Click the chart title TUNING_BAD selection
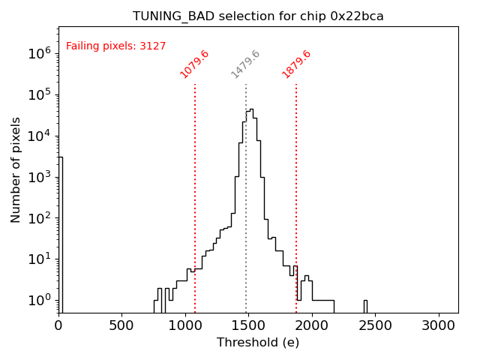click(258, 16)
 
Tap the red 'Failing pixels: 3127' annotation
click(115, 46)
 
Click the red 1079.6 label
click(194, 64)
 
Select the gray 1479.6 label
click(245, 64)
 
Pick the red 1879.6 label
click(296, 64)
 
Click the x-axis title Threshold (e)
click(258, 343)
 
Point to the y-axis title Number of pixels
click(16, 169)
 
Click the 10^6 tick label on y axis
click(39, 53)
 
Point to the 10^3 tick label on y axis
click(39, 177)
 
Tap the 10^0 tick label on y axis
click(39, 301)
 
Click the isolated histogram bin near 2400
click(365, 305)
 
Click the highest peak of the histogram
click(250, 111)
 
